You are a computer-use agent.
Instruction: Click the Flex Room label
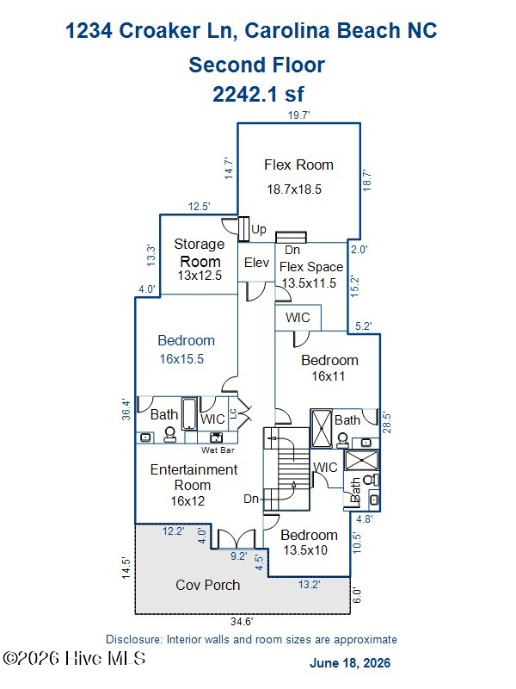click(298, 164)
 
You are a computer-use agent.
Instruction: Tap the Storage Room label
click(200, 252)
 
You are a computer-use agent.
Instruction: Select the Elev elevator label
click(256, 263)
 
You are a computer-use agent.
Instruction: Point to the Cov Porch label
click(208, 585)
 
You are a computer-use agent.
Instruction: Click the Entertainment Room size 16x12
click(187, 501)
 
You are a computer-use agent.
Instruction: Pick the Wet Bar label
click(218, 450)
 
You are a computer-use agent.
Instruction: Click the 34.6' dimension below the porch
click(243, 621)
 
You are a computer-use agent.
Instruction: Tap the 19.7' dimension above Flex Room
click(298, 115)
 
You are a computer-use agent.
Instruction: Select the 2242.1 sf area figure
click(259, 94)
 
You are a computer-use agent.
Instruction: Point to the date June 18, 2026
click(350, 662)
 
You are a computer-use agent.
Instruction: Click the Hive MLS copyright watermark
click(75, 658)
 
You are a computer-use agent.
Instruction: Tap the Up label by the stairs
click(259, 230)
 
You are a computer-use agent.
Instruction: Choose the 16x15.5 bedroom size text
click(181, 359)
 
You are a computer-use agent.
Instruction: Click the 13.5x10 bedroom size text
click(305, 550)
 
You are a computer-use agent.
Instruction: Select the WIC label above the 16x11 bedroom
click(298, 317)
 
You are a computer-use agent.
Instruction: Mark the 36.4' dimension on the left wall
click(126, 410)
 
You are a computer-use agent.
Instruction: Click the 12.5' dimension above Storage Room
click(200, 207)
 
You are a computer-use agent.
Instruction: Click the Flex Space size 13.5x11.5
click(309, 283)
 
